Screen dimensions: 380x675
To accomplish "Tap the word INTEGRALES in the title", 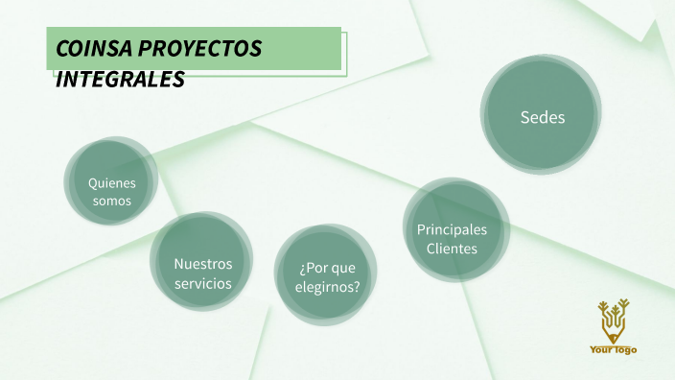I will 120,81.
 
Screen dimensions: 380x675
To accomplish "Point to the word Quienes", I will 112,182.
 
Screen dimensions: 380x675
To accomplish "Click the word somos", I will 112,202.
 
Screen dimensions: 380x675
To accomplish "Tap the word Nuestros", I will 202,263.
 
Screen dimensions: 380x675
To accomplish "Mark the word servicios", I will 202,283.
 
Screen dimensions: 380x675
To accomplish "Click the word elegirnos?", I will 330,286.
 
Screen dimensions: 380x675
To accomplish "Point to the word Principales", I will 452,229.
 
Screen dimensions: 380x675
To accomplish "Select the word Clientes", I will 452,249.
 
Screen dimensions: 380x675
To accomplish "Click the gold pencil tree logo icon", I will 613,321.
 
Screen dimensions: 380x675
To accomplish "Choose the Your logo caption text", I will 613,350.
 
